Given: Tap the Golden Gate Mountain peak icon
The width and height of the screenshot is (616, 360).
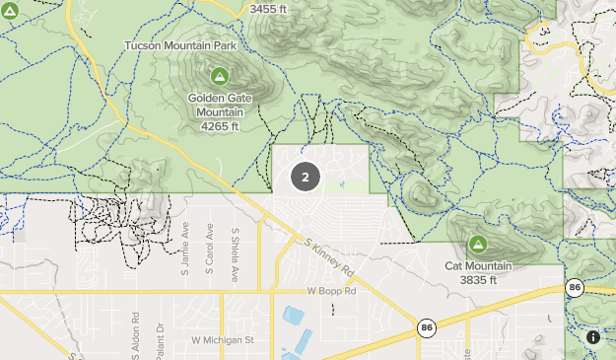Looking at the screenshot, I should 219,75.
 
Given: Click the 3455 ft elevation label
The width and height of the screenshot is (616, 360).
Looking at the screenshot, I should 270,9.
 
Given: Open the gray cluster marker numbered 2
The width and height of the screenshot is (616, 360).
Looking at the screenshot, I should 306,178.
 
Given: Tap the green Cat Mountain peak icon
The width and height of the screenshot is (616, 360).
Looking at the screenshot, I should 478,244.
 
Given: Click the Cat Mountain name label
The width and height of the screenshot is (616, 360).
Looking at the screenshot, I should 478,266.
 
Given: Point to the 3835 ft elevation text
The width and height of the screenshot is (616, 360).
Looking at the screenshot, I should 479,280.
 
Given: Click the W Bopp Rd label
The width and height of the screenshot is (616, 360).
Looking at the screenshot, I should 329,292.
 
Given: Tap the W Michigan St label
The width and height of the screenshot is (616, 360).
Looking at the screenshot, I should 223,339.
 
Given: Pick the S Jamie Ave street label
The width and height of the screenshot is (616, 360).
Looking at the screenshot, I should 185,242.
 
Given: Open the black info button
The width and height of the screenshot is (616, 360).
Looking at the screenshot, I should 593,337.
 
